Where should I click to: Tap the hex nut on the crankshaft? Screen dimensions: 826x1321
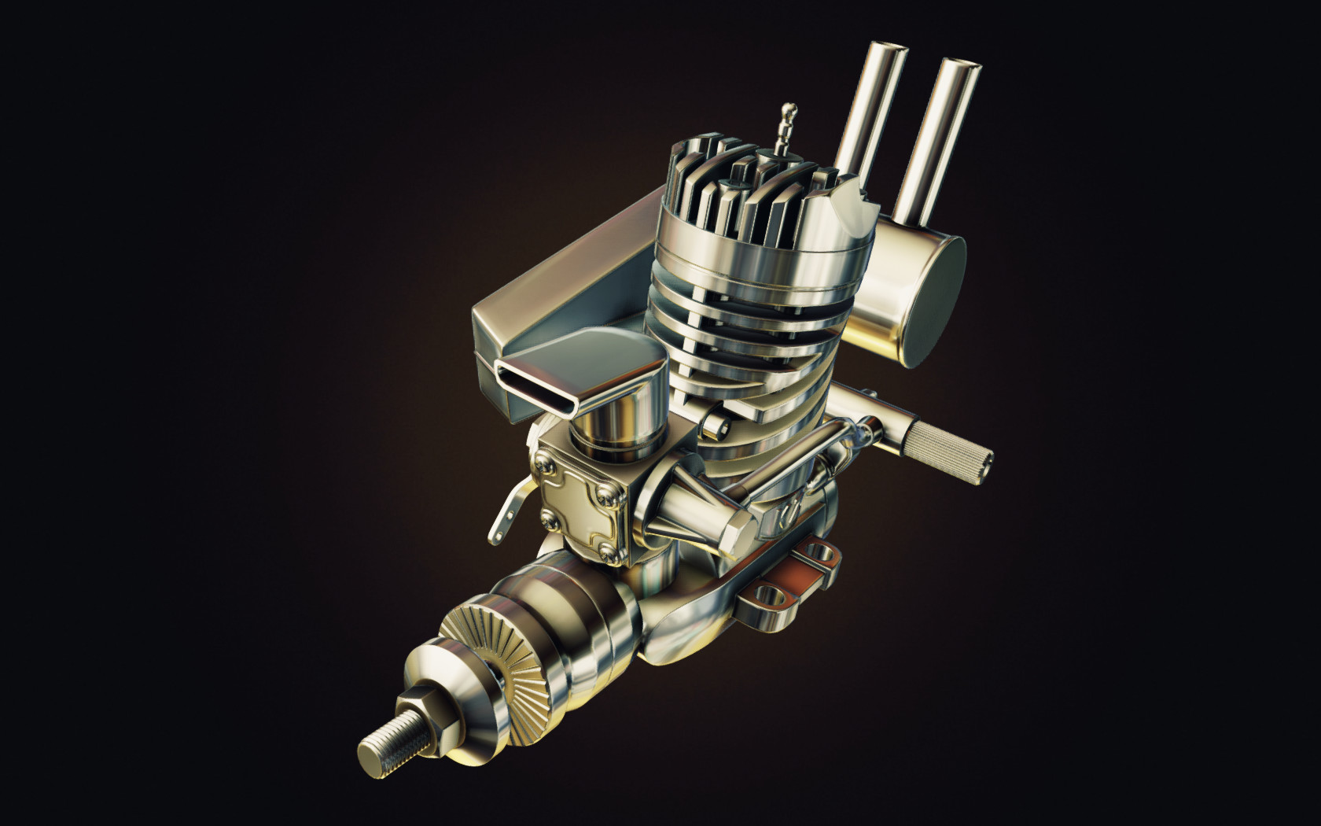tap(425, 716)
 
